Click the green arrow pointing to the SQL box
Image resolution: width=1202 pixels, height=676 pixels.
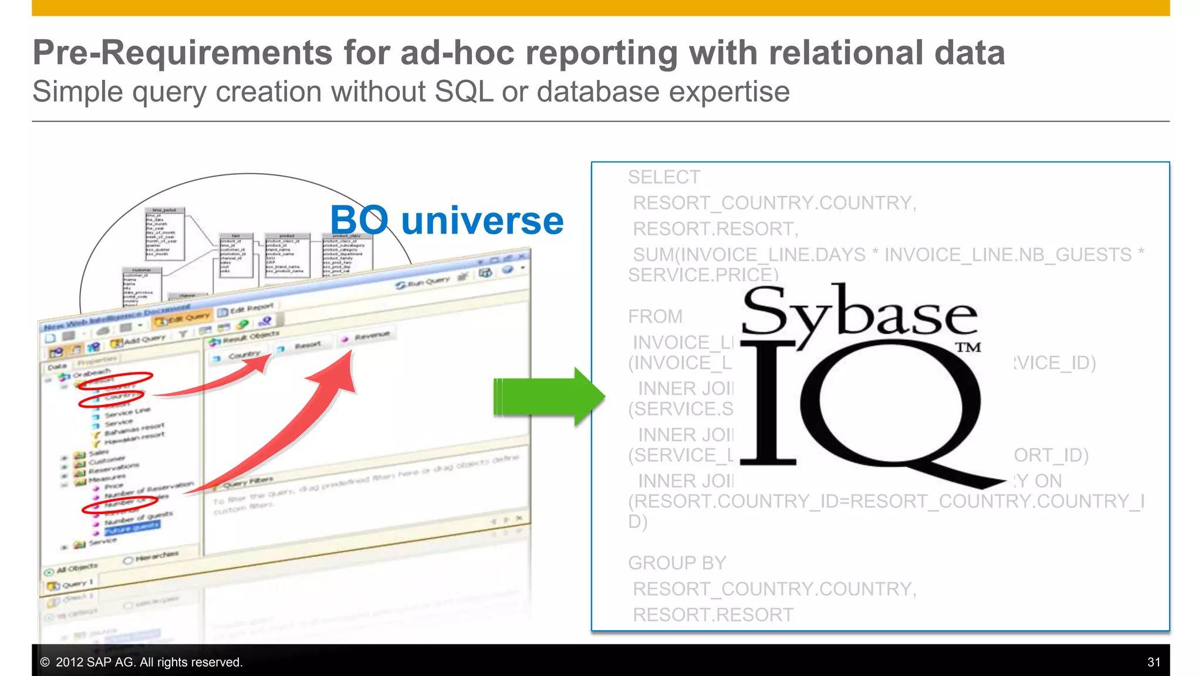click(x=549, y=397)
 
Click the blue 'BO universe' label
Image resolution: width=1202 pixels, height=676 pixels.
click(x=447, y=221)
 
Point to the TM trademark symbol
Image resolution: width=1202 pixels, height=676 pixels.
click(x=968, y=347)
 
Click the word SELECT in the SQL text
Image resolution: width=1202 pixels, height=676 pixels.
click(x=664, y=177)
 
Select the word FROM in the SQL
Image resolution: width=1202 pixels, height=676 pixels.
click(x=655, y=317)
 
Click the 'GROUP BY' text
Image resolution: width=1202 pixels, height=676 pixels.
click(x=677, y=563)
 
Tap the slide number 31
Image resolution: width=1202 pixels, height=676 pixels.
click(x=1153, y=662)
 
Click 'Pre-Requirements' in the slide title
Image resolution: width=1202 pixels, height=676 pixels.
click(x=183, y=53)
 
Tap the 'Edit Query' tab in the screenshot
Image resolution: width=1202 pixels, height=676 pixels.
click(x=183, y=318)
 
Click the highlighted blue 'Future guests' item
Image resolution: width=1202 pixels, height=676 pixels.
click(x=132, y=528)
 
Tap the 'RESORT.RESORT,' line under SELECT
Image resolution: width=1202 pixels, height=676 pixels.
click(x=715, y=229)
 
